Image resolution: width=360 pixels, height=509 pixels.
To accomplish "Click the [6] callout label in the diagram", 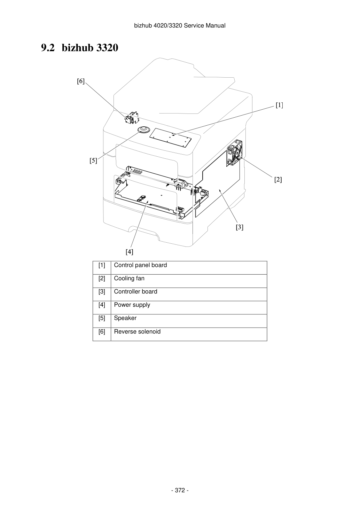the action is [81, 81].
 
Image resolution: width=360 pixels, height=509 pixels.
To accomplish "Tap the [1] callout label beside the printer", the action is [279, 105].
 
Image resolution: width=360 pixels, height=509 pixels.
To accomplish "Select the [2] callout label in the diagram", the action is [278, 180].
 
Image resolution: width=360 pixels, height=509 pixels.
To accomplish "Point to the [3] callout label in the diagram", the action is [240, 227].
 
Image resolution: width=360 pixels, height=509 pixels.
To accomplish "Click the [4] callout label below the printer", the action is [129, 252].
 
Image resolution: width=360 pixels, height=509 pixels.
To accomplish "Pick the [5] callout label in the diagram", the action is [93, 160].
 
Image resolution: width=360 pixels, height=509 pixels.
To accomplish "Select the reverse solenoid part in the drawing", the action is [132, 117].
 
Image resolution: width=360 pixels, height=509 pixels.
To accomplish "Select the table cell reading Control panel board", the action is [189, 268].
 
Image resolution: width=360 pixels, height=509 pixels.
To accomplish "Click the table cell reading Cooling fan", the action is [189, 281].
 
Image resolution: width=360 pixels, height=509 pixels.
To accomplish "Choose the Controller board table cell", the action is [189, 294].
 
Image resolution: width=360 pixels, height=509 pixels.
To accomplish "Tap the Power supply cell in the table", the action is [189, 308].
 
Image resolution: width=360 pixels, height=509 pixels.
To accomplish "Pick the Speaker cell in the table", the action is [189, 321].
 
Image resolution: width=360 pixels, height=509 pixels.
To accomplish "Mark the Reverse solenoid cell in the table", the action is [189, 334].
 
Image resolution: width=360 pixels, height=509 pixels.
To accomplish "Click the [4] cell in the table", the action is [102, 308].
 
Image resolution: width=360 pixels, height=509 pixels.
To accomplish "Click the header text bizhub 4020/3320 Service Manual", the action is [180, 26].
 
